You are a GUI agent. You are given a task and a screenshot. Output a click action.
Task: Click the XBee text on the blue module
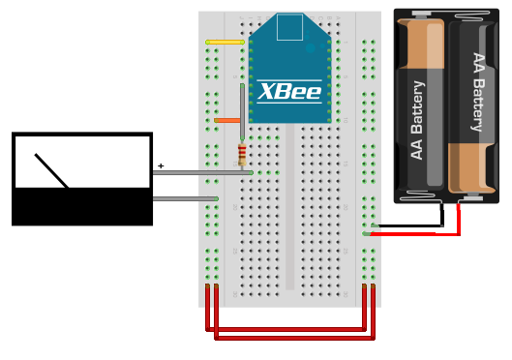[289, 92]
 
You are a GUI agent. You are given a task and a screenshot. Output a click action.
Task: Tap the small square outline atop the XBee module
[289, 27]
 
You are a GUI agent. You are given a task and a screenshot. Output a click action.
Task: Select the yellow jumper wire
[225, 42]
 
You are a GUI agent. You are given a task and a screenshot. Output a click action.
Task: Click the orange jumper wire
[227, 120]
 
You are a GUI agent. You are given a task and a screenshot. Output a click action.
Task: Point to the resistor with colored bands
[242, 154]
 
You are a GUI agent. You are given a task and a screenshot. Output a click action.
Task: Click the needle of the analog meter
[51, 170]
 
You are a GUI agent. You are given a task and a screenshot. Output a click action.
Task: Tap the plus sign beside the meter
[161, 166]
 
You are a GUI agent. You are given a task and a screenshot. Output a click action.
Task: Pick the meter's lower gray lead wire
[184, 198]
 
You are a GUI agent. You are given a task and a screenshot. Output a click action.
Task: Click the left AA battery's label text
[418, 120]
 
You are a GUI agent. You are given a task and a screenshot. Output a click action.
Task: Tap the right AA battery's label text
[477, 92]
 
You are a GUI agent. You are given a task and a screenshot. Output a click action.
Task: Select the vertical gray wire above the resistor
[242, 111]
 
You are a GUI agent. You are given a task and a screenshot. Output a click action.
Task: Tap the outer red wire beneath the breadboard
[290, 338]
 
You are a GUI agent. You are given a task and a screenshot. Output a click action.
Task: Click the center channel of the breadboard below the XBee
[289, 213]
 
